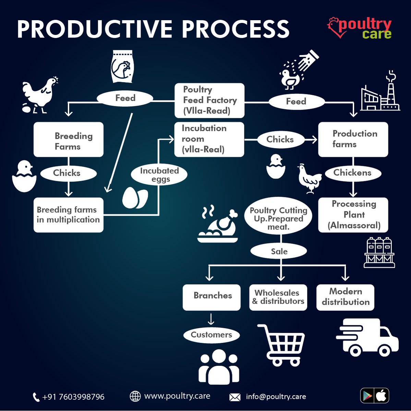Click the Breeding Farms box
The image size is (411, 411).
point(69,140)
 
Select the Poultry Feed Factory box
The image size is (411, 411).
point(209,100)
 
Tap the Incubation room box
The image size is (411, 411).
point(209,139)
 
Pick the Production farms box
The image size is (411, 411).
point(353,139)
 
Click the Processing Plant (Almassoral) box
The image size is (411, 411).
point(353,215)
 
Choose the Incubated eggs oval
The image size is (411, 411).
point(159,174)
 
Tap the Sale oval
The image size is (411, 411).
point(279,251)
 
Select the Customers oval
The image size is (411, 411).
point(211,335)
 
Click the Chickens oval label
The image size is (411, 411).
point(352,173)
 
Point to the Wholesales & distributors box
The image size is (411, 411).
point(278,297)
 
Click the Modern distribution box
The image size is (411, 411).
point(345,297)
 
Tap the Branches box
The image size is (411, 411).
point(211,297)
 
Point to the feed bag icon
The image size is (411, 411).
point(122,66)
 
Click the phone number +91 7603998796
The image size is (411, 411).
point(73,397)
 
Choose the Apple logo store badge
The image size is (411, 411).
point(382,396)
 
